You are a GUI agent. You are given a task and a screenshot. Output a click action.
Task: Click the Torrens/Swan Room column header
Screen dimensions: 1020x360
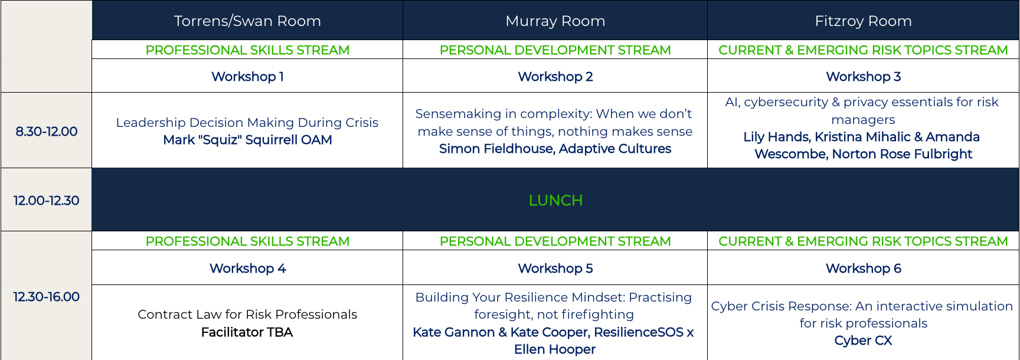click(x=247, y=21)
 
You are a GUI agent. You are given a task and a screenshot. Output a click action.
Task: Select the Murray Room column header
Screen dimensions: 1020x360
click(x=555, y=21)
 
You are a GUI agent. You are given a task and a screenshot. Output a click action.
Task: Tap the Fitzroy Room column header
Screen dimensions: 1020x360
click(x=863, y=21)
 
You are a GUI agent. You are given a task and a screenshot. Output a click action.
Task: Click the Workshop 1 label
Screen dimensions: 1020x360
click(x=247, y=77)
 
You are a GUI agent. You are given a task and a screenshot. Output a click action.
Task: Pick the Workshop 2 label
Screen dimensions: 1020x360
click(x=555, y=77)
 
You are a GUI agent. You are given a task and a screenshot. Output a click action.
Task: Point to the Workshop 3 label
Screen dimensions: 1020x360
click(x=863, y=77)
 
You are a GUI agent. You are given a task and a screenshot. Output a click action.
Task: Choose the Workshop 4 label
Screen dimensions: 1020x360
click(x=247, y=269)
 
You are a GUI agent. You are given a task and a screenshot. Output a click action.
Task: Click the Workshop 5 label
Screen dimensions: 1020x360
click(x=555, y=269)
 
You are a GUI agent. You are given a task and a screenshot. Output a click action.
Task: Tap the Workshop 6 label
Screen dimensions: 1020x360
click(x=863, y=269)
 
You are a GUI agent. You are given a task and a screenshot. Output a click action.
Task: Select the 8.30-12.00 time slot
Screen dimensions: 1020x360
click(x=47, y=132)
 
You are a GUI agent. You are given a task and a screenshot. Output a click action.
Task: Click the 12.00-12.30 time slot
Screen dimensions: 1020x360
click(x=47, y=201)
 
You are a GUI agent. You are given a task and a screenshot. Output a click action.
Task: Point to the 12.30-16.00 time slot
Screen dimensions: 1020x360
click(x=47, y=297)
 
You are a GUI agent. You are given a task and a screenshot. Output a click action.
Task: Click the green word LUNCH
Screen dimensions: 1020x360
click(x=555, y=201)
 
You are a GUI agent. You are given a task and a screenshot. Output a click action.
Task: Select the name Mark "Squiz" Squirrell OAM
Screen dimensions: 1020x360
click(x=247, y=140)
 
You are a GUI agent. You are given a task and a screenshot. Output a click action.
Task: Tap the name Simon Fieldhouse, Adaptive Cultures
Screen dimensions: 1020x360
click(x=555, y=149)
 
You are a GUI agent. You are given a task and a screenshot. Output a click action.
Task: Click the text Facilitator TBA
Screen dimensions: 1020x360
click(x=247, y=332)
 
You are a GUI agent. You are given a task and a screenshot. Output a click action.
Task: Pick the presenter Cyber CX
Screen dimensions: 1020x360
click(x=863, y=341)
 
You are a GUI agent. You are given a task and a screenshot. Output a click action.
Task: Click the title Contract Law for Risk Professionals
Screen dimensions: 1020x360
click(x=247, y=315)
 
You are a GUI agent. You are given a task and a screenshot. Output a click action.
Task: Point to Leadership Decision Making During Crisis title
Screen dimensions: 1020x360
click(x=247, y=123)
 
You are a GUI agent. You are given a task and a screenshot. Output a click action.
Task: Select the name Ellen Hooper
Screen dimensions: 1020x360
click(x=555, y=349)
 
